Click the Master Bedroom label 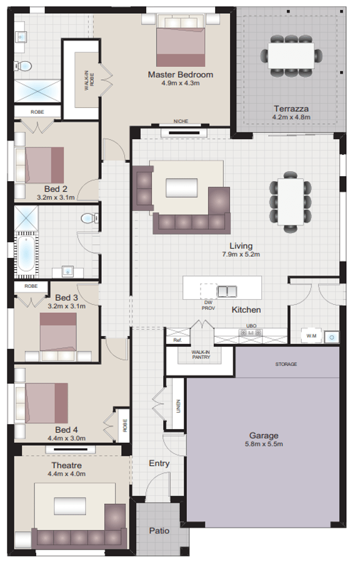180,74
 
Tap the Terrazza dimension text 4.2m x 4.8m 291,117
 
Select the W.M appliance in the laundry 311,336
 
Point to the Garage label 263,436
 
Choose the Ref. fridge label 177,340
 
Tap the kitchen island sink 226,290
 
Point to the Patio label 159,531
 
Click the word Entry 159,463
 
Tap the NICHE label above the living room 181,122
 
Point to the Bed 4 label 66,430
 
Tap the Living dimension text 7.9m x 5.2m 241,254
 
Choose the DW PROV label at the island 208,304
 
